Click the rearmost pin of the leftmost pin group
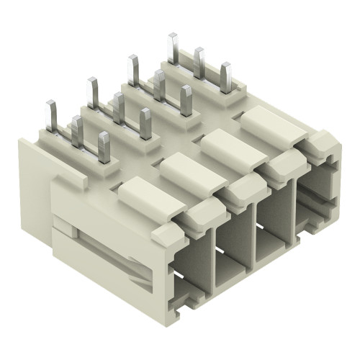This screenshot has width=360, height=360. coord(51,116)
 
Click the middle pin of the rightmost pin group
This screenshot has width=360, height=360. coord(199,63)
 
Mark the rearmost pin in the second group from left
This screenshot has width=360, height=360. coord(92,93)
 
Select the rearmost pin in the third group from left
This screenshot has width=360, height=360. coord(133,71)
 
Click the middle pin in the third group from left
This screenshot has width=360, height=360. coord(159,86)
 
